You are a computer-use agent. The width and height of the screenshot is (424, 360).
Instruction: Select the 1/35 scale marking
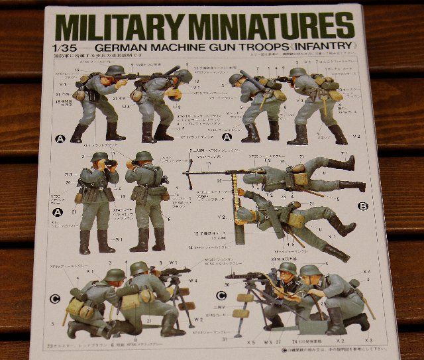click(59, 48)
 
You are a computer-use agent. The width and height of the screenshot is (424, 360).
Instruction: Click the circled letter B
click(363, 206)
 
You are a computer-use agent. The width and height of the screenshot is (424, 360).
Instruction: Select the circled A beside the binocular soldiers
click(58, 213)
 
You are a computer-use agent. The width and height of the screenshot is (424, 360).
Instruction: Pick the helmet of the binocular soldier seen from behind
click(143, 158)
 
